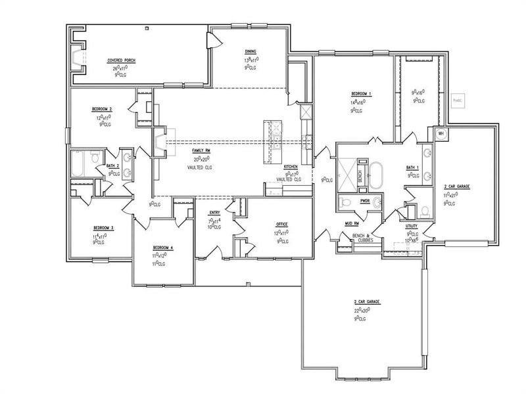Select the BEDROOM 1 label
(x=362, y=94)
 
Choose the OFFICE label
(x=282, y=225)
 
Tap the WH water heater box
(x=441, y=133)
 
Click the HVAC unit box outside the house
(x=458, y=100)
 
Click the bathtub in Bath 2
(x=78, y=164)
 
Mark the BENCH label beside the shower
(x=360, y=176)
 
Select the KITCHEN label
(x=291, y=166)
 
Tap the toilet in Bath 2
(x=95, y=158)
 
